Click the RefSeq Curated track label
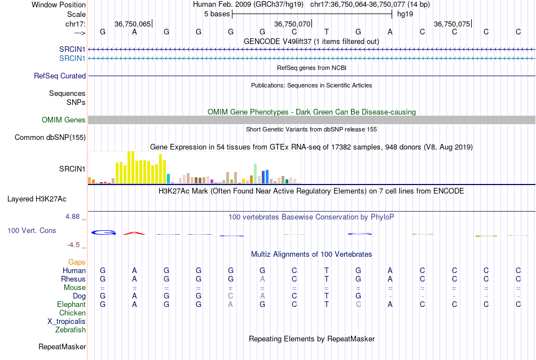pyautogui.click(x=60, y=76)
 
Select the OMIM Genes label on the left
pyautogui.click(x=64, y=120)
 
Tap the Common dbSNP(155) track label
pyautogui.click(x=50, y=137)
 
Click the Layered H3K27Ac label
pyautogui.click(x=37, y=199)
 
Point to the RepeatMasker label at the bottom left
pyautogui.click(x=62, y=346)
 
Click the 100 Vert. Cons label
pyautogui.click(x=32, y=231)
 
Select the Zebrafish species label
pyautogui.click(x=71, y=330)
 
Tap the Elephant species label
pyautogui.click(x=71, y=304)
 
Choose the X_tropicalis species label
pyautogui.click(x=67, y=321)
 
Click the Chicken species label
pyautogui.click(x=72, y=313)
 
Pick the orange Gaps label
pyautogui.click(x=77, y=262)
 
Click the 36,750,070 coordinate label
pyautogui.click(x=292, y=24)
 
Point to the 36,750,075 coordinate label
pyautogui.click(x=451, y=24)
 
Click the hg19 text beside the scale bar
pyautogui.click(x=405, y=14)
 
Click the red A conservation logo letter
pyautogui.click(x=134, y=233)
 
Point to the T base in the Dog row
pyautogui.click(x=326, y=296)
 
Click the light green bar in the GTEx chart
pyautogui.click(x=256, y=173)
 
